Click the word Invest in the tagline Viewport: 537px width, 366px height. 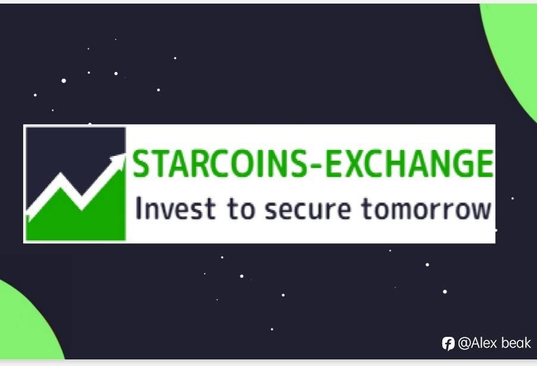[176, 208]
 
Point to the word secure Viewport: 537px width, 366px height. [308, 209]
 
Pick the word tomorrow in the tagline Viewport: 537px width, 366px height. [426, 209]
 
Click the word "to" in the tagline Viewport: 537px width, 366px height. [241, 209]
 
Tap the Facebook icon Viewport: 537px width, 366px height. [448, 343]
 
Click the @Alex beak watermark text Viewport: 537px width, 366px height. [494, 343]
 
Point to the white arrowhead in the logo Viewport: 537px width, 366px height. [117, 161]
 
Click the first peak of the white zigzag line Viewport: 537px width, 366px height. [61, 174]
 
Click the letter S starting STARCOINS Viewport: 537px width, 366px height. [142, 164]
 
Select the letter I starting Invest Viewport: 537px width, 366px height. [138, 208]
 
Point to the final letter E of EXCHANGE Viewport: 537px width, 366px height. [484, 164]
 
